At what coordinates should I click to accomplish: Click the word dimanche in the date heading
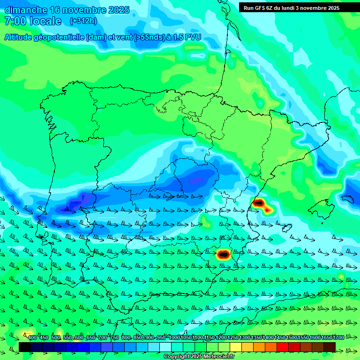25,10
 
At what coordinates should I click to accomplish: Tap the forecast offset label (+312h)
83,21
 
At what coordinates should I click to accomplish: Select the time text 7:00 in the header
14,21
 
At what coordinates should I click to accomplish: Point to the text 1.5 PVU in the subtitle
187,37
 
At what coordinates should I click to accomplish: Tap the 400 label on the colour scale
32,337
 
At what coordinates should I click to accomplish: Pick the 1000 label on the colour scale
174,337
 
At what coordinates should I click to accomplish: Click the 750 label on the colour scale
114,337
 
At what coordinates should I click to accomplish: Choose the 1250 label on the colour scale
233,337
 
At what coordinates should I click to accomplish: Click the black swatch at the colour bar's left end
24,347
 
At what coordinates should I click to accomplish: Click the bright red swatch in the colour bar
282,347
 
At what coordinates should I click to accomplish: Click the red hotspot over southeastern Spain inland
224,255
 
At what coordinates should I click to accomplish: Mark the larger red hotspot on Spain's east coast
259,203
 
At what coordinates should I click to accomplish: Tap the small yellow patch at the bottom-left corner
24,334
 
